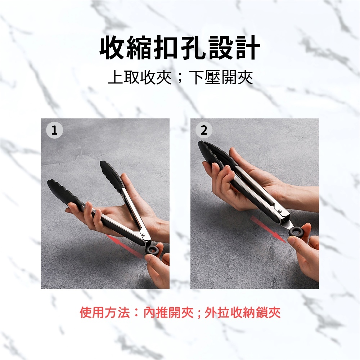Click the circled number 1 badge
(54, 130)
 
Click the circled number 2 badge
(204, 130)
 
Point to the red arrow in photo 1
(125, 246)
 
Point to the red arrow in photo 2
(268, 229)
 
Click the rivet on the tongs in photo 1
(144, 235)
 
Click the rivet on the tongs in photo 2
(280, 211)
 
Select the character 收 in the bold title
(112, 48)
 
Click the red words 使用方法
(105, 312)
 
